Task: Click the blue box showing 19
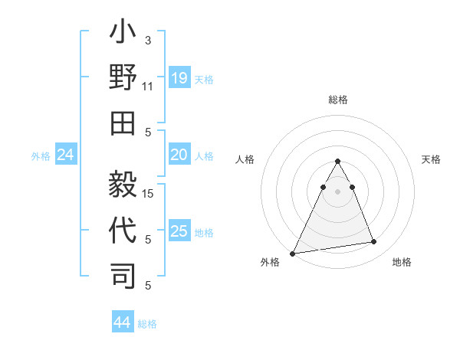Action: [x=179, y=78]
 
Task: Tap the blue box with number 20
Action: [x=179, y=155]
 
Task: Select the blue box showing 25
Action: [x=179, y=231]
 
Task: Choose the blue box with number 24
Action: [x=65, y=155]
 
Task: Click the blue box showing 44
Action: [x=122, y=323]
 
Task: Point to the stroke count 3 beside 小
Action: [x=147, y=40]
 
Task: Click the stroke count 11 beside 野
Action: [x=148, y=87]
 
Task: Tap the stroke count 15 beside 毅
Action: [x=149, y=193]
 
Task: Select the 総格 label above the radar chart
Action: [x=337, y=100]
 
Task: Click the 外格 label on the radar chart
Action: [x=270, y=262]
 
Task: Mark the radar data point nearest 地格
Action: [x=373, y=242]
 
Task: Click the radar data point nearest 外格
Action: [x=293, y=253]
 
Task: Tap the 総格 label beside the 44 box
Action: [x=147, y=324]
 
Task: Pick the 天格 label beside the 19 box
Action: [x=204, y=79]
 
